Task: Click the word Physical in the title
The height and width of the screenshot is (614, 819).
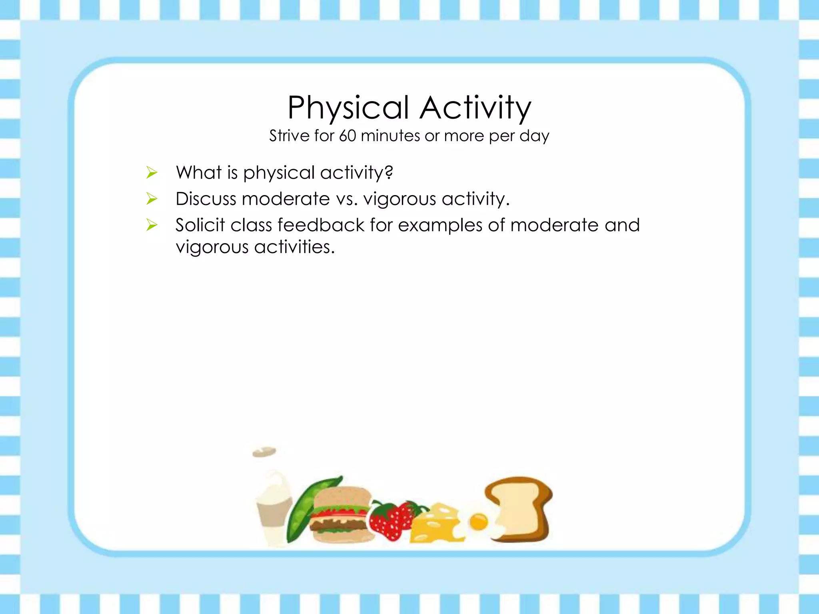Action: [x=348, y=108]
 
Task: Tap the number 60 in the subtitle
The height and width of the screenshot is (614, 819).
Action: [x=348, y=136]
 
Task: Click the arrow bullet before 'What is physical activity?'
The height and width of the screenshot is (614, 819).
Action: [x=152, y=173]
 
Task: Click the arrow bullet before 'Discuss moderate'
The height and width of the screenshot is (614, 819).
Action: [x=152, y=199]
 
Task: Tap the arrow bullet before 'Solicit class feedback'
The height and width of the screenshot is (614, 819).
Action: [x=152, y=225]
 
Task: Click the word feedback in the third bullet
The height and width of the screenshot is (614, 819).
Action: [x=321, y=225]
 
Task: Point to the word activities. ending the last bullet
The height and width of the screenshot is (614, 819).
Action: [x=294, y=247]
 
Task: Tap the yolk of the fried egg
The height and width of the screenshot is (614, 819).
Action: [x=478, y=522]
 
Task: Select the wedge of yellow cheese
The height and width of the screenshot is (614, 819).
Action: [x=434, y=524]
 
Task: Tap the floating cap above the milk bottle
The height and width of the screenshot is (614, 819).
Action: [x=264, y=452]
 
